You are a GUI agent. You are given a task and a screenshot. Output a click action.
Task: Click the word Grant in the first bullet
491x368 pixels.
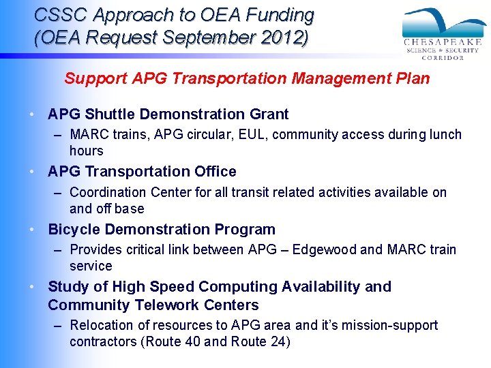269,114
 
